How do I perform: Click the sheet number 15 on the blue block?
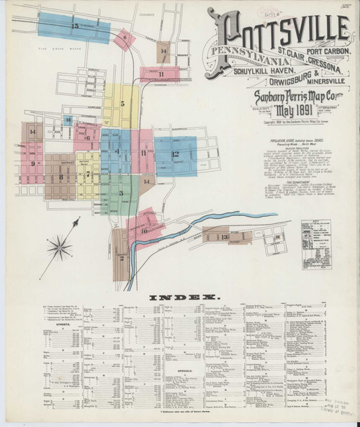[x=75, y=26]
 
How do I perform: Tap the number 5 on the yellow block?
[x=122, y=104]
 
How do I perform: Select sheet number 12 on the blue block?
[x=174, y=154]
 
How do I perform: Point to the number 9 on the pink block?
[x=33, y=163]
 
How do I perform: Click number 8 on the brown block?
[x=61, y=176]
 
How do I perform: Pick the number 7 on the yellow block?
[x=87, y=174]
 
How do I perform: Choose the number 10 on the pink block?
[x=144, y=230]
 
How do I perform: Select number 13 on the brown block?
[x=225, y=235]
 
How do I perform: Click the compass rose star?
[x=59, y=248]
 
